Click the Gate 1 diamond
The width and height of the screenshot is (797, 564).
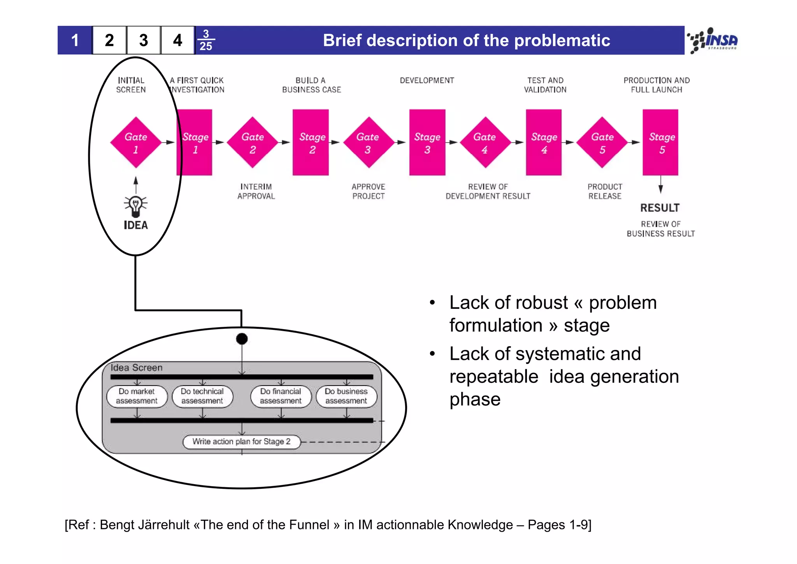point(135,143)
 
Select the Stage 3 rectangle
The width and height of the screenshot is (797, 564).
point(427,143)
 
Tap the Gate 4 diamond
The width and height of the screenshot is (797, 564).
point(485,143)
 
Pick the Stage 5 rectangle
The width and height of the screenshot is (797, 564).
point(660,143)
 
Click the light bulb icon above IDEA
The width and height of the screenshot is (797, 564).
point(135,206)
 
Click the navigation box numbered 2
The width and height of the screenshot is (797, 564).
point(109,40)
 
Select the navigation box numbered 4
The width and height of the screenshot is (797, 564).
point(177,40)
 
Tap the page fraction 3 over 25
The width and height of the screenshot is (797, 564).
point(206,40)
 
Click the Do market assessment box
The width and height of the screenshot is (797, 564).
point(137,397)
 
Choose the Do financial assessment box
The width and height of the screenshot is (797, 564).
point(281,397)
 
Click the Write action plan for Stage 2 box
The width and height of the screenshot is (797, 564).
point(241,442)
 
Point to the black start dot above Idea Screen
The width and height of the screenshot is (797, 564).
point(242,339)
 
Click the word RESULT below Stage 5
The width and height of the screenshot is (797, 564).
point(660,208)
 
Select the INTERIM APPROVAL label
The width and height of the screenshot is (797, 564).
point(256,192)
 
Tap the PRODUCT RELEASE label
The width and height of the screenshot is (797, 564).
point(604,192)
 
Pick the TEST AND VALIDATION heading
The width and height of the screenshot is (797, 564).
point(545,85)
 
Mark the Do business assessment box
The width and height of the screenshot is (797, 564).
point(346,397)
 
